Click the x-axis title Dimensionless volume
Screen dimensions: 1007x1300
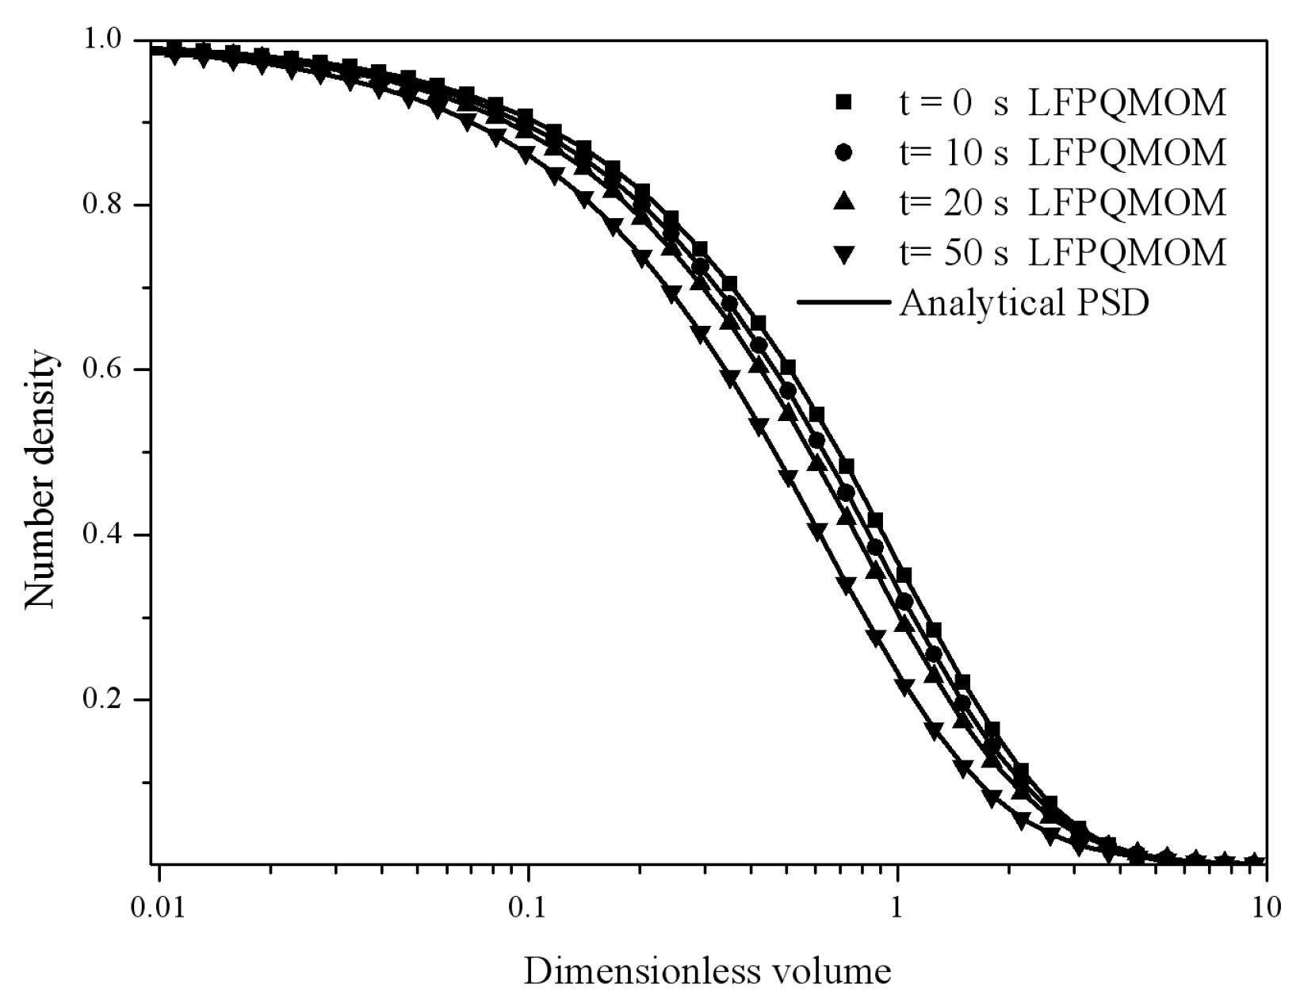(707, 971)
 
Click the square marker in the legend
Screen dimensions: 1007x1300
(844, 102)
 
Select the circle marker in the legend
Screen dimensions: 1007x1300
(844, 152)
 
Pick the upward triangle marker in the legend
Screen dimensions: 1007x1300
(844, 202)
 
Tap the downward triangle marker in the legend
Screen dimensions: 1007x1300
(844, 254)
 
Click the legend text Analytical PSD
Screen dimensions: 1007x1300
(1023, 304)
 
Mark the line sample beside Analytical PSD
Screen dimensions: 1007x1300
(844, 303)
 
